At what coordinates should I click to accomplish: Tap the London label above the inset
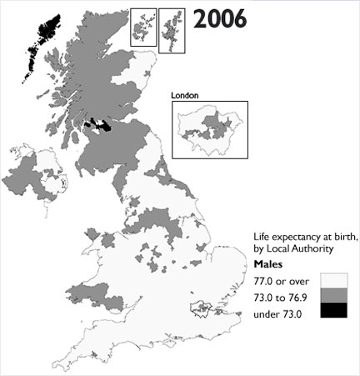[184, 96]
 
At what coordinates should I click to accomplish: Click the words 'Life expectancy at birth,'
[305, 236]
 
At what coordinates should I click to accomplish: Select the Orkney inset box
[142, 27]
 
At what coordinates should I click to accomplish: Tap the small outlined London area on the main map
[202, 312]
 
